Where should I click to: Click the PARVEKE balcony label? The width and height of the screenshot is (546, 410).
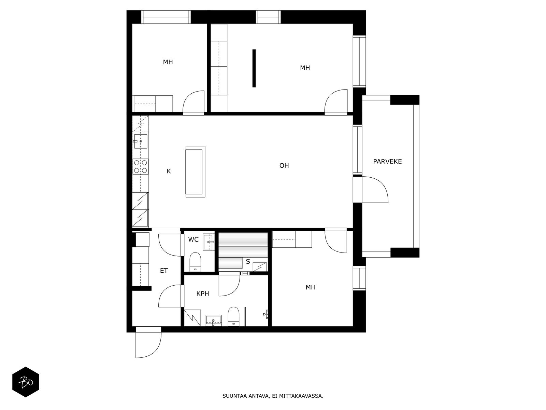coord(387,162)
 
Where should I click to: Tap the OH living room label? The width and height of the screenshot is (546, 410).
coord(284,166)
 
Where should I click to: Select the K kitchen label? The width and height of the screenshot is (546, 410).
coord(169,171)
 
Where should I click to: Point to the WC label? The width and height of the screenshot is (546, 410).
coord(193,240)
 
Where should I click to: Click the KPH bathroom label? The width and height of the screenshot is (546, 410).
coord(202,294)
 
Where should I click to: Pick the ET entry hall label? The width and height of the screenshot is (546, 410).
coord(164,271)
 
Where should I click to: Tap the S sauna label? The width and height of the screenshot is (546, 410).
coord(248,261)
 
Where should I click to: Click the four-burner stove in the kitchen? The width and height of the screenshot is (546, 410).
coord(141,166)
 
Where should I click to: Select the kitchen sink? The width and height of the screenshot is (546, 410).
coord(141,141)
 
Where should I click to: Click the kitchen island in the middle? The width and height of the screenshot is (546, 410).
coord(195,172)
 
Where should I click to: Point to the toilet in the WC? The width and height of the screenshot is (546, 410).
coord(195,262)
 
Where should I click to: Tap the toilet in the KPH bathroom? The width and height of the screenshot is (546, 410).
coord(233,316)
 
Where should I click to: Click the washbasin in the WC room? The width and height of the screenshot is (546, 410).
coord(209,242)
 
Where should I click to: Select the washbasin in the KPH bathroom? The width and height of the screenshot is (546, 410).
coord(213,320)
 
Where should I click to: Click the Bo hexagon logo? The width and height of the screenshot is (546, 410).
coord(26,382)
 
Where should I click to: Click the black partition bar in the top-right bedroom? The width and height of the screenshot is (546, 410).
coord(254,68)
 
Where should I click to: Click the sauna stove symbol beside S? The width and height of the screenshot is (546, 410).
coord(260,267)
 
